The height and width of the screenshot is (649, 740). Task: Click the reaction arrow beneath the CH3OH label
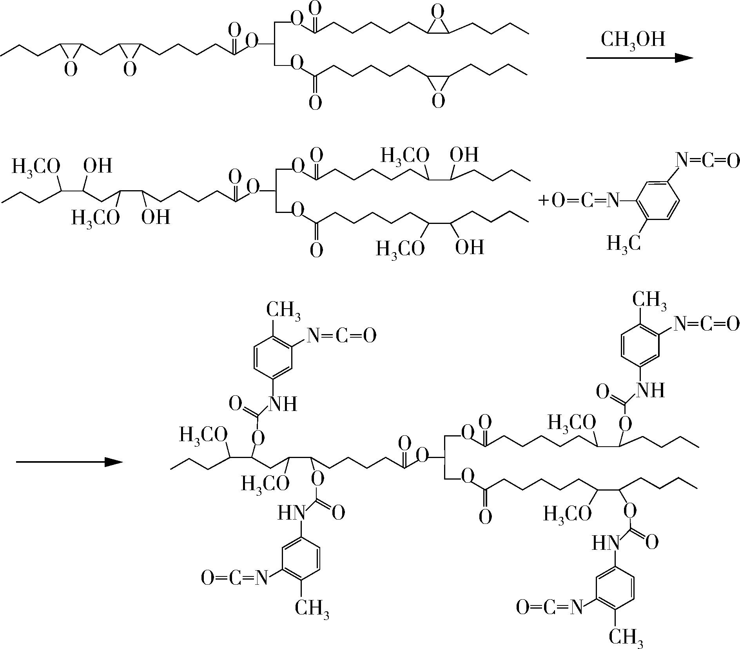tap(639, 58)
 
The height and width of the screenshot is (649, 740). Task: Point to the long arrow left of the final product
tap(69, 462)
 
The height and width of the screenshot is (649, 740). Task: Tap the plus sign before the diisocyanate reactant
tap(543, 201)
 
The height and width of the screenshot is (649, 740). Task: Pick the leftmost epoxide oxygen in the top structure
tap(71, 69)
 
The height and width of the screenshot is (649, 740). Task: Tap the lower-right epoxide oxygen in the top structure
tap(438, 101)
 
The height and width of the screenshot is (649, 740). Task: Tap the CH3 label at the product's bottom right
tap(626, 637)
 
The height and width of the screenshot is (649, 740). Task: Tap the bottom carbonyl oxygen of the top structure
tap(315, 103)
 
